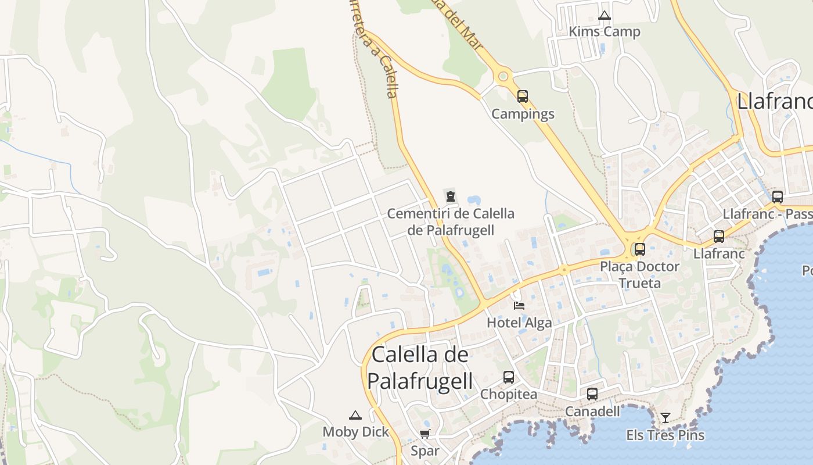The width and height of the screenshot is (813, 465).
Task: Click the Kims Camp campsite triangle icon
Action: point(605,16)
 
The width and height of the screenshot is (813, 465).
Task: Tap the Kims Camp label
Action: point(605,31)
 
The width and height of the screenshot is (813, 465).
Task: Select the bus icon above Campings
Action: point(523,96)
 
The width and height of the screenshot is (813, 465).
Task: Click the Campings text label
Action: point(523,114)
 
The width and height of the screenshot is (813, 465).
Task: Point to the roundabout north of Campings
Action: point(503,76)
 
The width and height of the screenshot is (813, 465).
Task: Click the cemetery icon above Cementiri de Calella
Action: point(451,196)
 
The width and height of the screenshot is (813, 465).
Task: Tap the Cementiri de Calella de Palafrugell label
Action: point(451,221)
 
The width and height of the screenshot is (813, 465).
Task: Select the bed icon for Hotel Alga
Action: point(519,305)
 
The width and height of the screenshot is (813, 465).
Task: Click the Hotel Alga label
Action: point(519,323)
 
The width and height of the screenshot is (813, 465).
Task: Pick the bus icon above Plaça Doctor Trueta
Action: point(639,249)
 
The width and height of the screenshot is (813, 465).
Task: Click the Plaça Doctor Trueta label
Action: point(639,274)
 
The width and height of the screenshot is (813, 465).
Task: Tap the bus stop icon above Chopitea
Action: point(509,377)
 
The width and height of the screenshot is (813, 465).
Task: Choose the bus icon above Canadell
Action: point(592,394)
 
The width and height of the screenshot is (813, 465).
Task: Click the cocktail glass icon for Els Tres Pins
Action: point(665,417)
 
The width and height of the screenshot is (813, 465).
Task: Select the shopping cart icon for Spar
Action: point(425,434)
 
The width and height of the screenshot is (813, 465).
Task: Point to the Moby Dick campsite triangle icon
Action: point(355,415)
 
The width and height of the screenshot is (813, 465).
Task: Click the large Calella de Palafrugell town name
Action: point(420,367)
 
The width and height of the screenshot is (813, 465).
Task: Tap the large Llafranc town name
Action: point(774,101)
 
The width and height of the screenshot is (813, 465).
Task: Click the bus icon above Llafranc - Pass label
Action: point(778,196)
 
